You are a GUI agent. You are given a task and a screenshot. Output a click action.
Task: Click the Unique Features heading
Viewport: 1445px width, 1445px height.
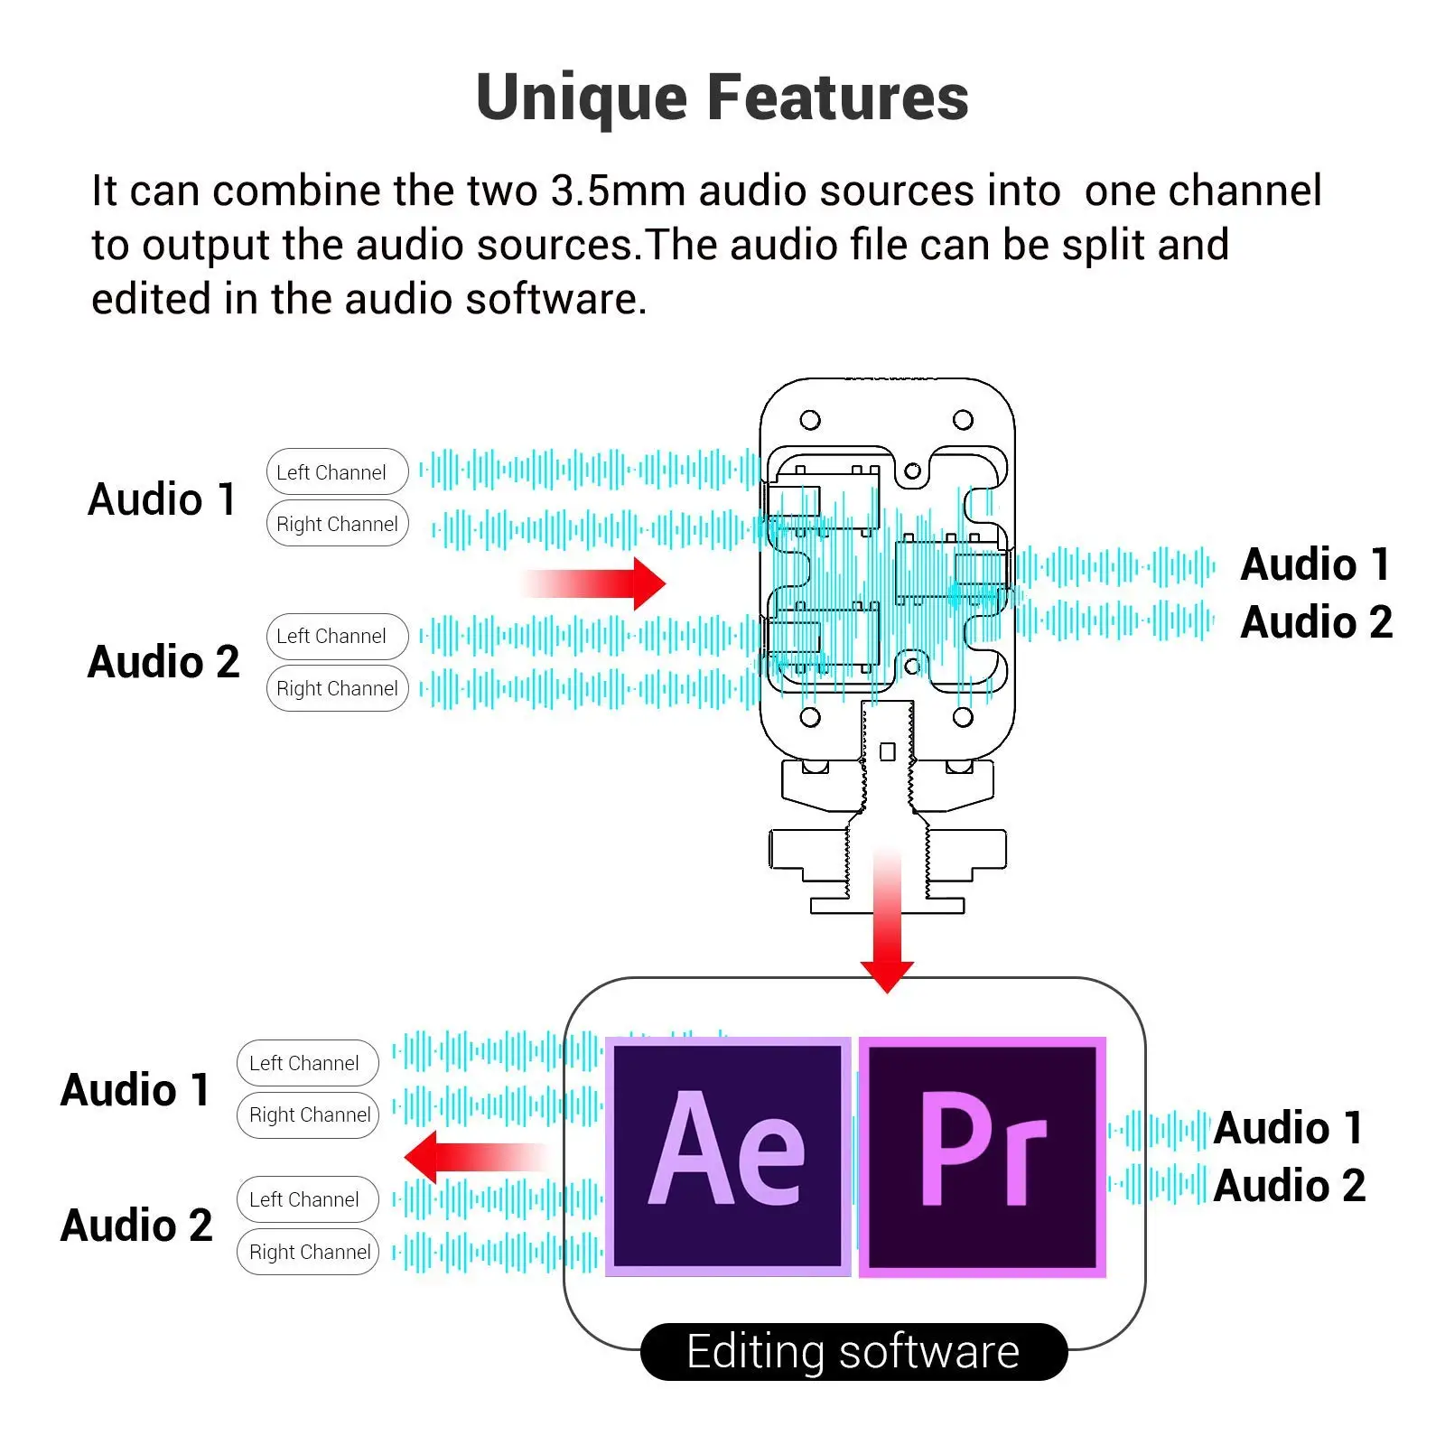[722, 98]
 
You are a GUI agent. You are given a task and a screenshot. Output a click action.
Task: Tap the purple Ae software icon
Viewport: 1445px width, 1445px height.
[728, 1157]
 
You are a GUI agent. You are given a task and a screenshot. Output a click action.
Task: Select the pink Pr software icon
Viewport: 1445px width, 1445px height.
[983, 1157]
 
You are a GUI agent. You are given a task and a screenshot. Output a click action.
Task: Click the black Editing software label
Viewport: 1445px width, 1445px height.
[853, 1352]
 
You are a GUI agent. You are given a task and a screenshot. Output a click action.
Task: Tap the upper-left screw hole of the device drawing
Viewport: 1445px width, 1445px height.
[810, 420]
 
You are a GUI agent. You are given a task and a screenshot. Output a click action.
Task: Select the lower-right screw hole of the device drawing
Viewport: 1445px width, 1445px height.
[963, 717]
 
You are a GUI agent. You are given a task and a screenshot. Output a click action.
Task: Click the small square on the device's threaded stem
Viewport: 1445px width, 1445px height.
[887, 751]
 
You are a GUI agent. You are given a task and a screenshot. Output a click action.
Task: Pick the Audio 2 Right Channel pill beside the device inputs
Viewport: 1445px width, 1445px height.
[337, 688]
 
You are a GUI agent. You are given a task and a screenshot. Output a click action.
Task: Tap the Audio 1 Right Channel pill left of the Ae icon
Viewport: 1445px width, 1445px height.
[308, 1115]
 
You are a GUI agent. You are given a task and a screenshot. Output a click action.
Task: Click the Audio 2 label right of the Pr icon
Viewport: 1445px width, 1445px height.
[1289, 1185]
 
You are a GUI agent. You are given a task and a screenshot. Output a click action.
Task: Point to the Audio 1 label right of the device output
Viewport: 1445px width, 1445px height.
[1315, 564]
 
